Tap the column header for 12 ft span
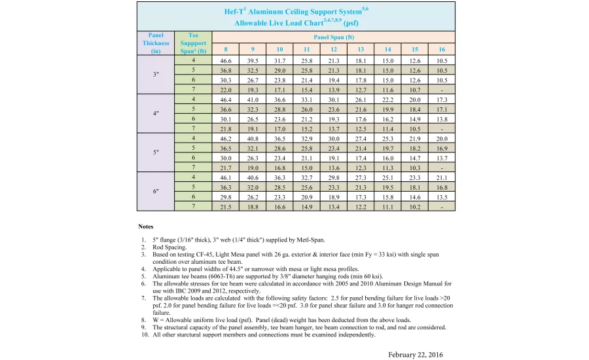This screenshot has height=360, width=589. tap(334, 49)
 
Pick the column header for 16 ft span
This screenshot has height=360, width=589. tap(442, 49)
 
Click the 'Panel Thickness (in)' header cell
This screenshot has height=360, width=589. tap(156, 43)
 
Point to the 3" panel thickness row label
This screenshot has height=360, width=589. tap(156, 75)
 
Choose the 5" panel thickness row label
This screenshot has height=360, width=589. tap(156, 153)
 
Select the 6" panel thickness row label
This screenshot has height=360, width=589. tap(156, 192)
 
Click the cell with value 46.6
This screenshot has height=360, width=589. tap(225, 60)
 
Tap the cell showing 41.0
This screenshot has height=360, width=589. tap(252, 99)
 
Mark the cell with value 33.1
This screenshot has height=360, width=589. tap(306, 99)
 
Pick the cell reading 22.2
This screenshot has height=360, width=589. tap(387, 99)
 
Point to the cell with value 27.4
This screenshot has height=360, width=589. tap(361, 138)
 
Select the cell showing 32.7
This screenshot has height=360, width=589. tap(306, 177)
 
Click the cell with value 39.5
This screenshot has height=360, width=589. tap(252, 60)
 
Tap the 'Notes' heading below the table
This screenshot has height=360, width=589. tap(146, 226)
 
